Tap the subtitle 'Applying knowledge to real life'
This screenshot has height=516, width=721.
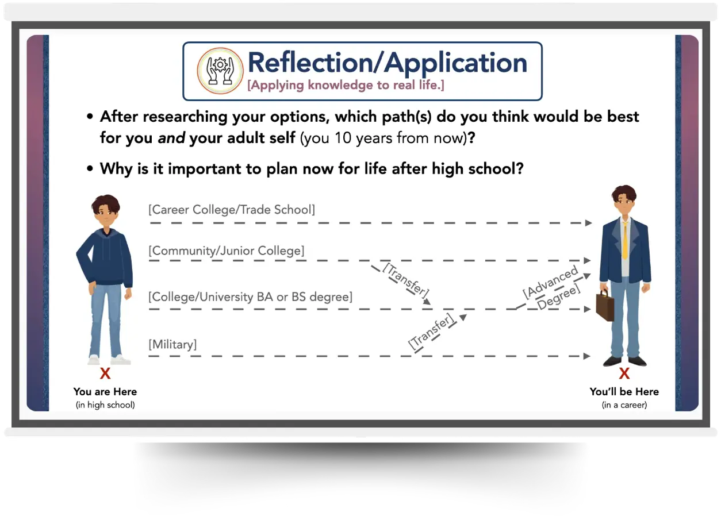pos(346,86)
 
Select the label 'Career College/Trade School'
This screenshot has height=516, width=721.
pos(232,210)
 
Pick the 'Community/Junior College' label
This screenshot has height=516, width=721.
pos(227,251)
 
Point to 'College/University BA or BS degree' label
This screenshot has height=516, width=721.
pos(251,297)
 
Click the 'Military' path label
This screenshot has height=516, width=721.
pos(172,345)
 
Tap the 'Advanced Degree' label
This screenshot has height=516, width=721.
pos(551,289)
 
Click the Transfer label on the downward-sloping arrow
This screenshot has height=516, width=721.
pos(406,280)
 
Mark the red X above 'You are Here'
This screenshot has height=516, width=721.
pos(105,374)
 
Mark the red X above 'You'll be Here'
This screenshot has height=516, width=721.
pos(624,374)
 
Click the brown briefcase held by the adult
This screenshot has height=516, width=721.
pos(604,305)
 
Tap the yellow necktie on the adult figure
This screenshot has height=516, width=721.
pos(625,240)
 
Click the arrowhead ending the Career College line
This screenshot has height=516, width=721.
pos(588,223)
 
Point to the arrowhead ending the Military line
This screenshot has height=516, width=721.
pos(587,356)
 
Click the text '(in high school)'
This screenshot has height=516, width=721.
pos(105,405)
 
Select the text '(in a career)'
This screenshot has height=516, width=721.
pos(624,405)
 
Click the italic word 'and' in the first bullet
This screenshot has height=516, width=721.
pos(171,138)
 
